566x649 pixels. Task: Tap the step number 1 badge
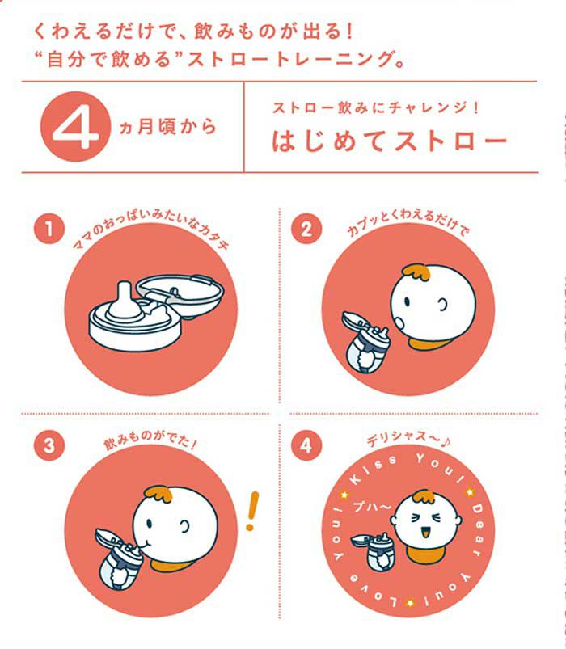tap(49, 229)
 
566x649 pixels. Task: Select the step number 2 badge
tap(306, 229)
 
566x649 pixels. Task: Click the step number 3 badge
tap(49, 445)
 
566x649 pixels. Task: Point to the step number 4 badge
tap(306, 445)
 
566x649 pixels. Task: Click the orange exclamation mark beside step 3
tap(251, 512)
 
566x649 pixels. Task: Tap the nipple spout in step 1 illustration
tap(125, 301)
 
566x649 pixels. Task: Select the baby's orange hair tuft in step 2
tap(416, 274)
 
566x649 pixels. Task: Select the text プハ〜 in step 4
tap(371, 507)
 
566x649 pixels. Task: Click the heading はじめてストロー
tap(390, 141)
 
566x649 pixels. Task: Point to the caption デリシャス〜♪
tap(408, 440)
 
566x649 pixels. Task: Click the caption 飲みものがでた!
tap(150, 441)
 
